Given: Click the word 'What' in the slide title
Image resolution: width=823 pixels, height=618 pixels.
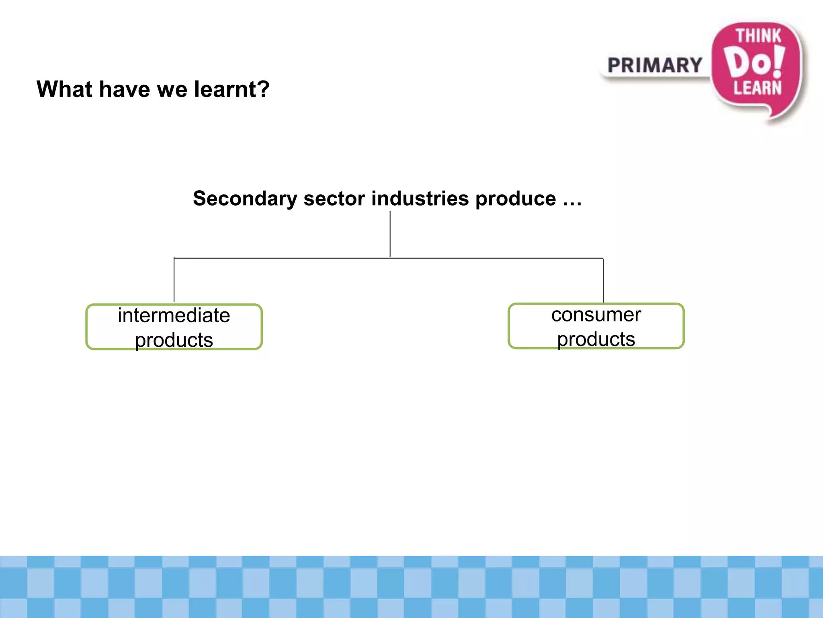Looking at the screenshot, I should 64,89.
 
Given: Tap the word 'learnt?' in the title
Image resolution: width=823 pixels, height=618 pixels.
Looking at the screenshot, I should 232,89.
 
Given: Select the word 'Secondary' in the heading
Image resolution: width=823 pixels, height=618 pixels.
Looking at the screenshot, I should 245,198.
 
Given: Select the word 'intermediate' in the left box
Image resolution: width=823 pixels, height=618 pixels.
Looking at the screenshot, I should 174,315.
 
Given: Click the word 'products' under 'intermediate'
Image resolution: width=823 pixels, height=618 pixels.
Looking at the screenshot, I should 174,340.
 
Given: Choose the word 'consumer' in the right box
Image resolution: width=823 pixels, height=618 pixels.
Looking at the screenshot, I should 596,315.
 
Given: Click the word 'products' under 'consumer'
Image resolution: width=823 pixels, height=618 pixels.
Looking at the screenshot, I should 596,339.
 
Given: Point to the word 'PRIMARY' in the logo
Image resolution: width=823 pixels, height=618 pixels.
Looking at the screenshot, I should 655,66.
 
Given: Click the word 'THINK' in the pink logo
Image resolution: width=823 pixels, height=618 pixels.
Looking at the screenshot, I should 758,36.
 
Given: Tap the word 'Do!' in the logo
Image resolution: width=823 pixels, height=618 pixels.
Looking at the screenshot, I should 747,62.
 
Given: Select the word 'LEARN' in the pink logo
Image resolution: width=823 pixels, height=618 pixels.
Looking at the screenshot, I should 757,88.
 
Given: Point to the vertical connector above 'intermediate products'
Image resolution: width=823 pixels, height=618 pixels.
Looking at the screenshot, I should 174,280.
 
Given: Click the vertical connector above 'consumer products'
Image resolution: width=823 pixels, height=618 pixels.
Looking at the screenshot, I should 603,280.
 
